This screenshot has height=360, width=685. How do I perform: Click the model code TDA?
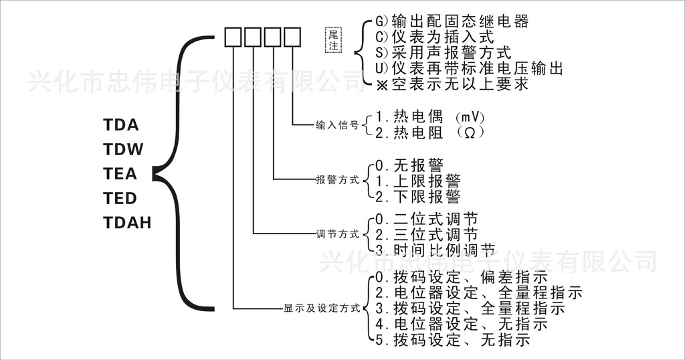point(120,125)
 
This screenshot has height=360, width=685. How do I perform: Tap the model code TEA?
point(120,174)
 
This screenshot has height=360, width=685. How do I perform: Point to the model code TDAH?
point(127,222)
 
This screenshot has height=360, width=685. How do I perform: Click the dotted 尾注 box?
point(332,40)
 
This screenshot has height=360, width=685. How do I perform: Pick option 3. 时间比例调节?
point(435,250)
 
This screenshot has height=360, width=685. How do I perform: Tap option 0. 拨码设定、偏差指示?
point(462,276)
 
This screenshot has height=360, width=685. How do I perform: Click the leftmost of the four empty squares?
point(233,36)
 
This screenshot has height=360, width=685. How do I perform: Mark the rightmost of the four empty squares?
point(292,36)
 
